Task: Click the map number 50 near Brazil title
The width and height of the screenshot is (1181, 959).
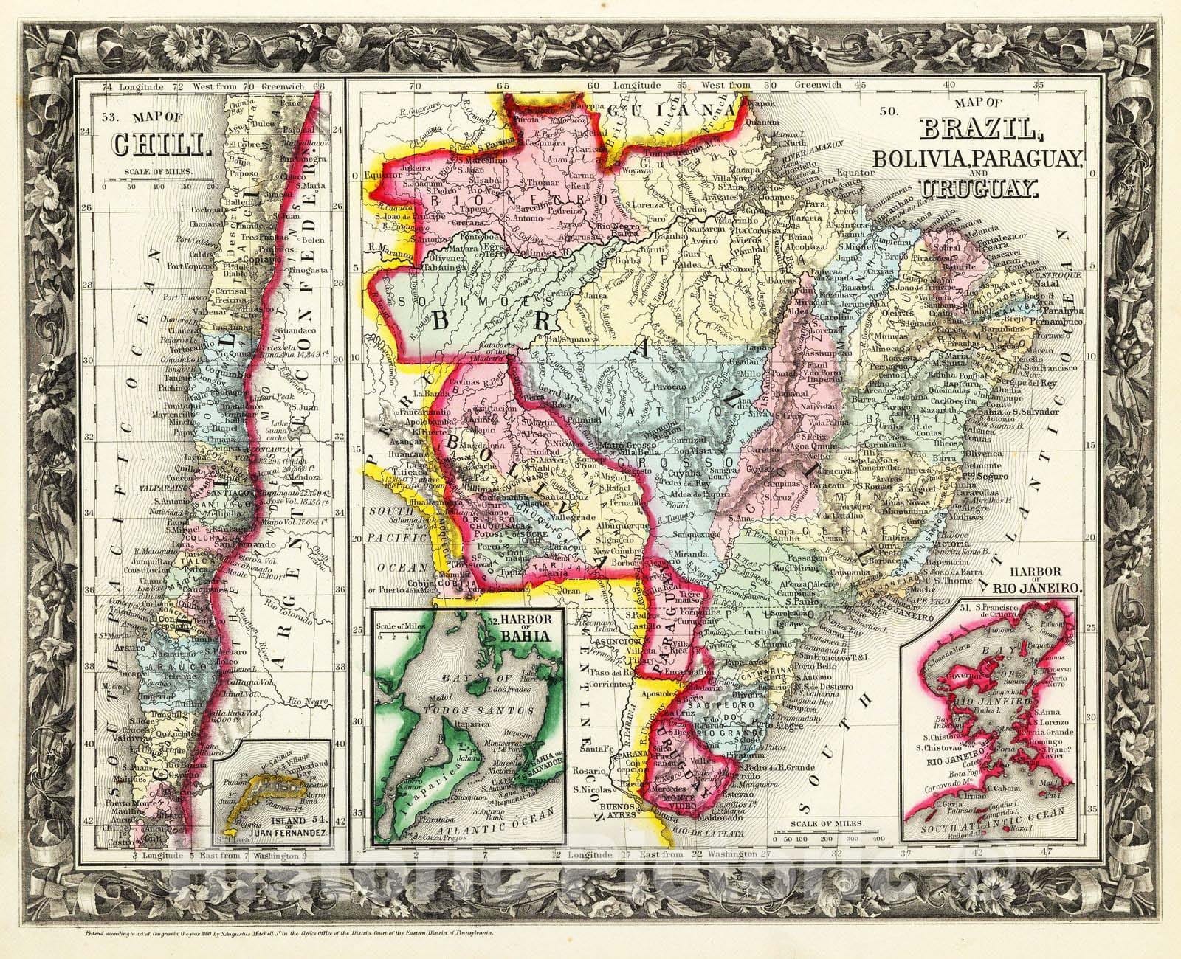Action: pyautogui.click(x=889, y=112)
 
